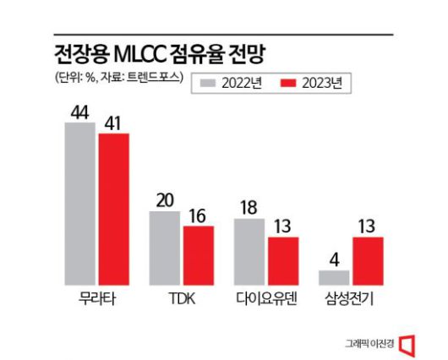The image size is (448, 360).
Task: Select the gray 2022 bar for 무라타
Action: (x=80, y=205)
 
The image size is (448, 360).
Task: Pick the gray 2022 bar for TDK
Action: (x=165, y=248)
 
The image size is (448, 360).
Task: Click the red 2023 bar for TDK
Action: (x=198, y=256)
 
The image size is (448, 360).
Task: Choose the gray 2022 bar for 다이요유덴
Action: (x=249, y=252)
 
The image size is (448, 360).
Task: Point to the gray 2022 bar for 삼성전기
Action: (x=334, y=277)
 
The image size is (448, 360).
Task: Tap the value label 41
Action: (x=113, y=122)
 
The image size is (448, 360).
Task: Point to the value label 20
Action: (x=165, y=199)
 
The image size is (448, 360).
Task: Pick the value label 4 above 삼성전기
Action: (x=334, y=258)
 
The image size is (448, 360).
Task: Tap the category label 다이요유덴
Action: (x=265, y=300)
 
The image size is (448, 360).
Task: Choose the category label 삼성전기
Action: (x=350, y=300)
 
